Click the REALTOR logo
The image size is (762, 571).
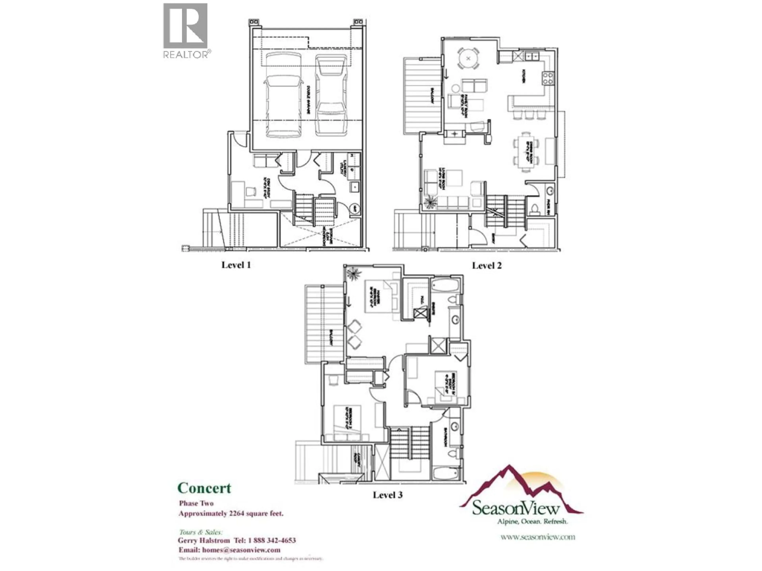point(185,30)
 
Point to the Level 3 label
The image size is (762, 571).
point(388,495)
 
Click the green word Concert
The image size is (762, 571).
point(204,488)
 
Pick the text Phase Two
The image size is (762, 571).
point(196,503)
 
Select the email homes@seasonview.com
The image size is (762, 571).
point(241,550)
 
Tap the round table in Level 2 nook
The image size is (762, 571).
point(468,58)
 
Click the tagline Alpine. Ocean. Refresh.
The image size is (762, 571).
point(532,521)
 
